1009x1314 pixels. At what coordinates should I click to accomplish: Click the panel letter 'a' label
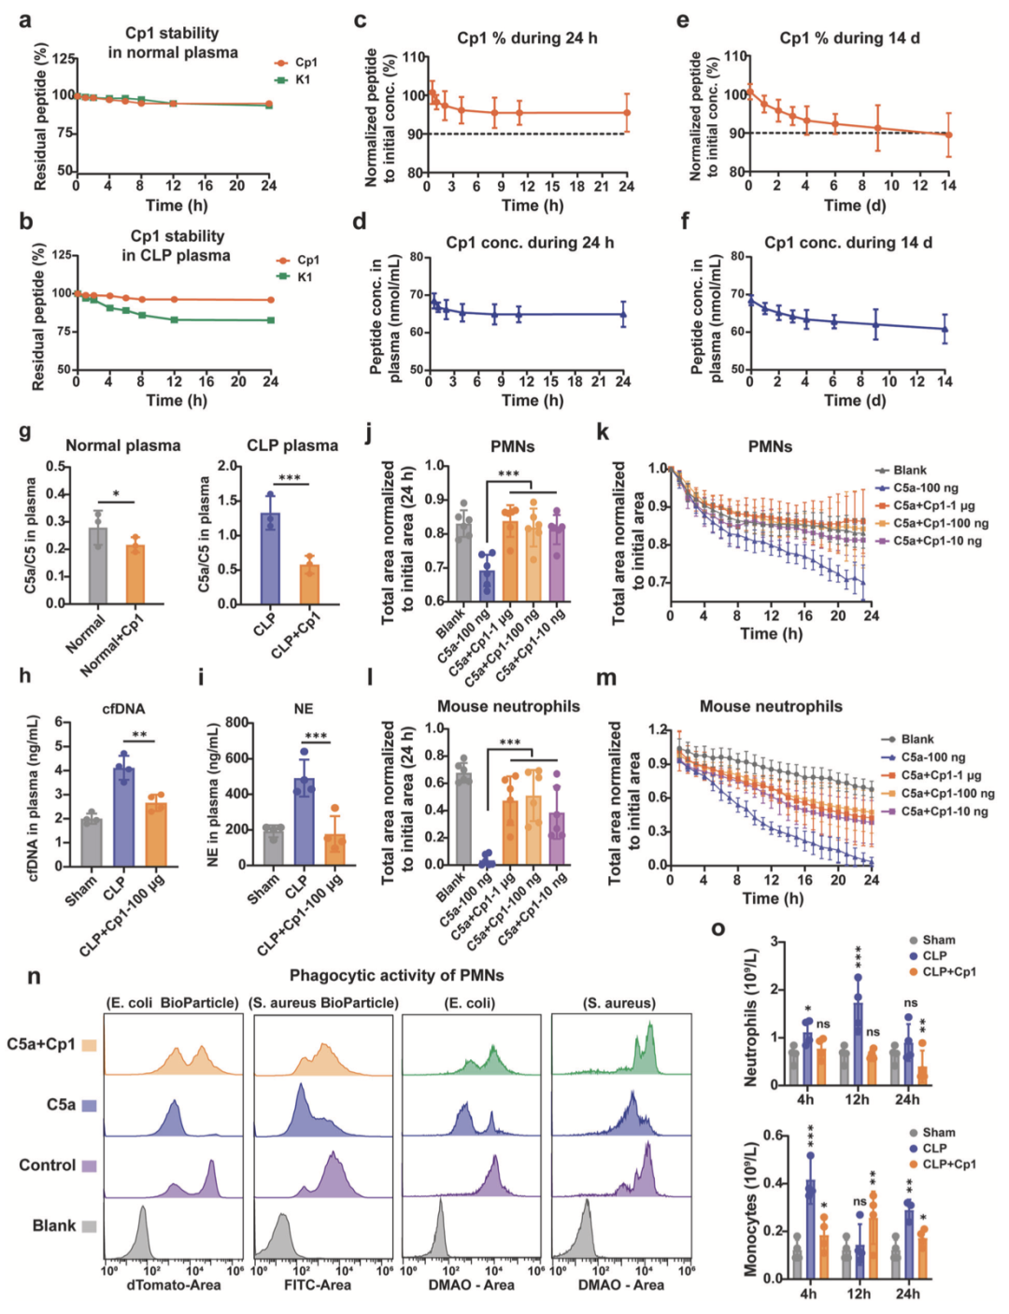(25, 20)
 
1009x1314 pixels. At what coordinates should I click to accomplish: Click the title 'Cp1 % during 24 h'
(527, 38)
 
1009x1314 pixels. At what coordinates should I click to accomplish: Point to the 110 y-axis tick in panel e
(735, 56)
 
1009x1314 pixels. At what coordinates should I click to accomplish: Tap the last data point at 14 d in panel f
(945, 329)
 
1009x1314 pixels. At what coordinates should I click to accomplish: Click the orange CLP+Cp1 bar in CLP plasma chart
(309, 584)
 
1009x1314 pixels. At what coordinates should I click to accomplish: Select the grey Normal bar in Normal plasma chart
(98, 565)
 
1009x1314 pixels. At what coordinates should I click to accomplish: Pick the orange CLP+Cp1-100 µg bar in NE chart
(334, 849)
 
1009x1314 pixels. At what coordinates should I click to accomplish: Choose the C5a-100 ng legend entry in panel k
(924, 487)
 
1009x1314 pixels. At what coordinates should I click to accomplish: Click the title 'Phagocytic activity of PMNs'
(396, 975)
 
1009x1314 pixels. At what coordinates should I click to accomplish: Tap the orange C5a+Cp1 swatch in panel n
(89, 1045)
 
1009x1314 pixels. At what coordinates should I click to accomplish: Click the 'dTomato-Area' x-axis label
(174, 1285)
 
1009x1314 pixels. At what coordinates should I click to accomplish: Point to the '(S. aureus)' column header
(618, 1003)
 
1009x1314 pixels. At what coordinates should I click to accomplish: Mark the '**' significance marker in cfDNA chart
(139, 736)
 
